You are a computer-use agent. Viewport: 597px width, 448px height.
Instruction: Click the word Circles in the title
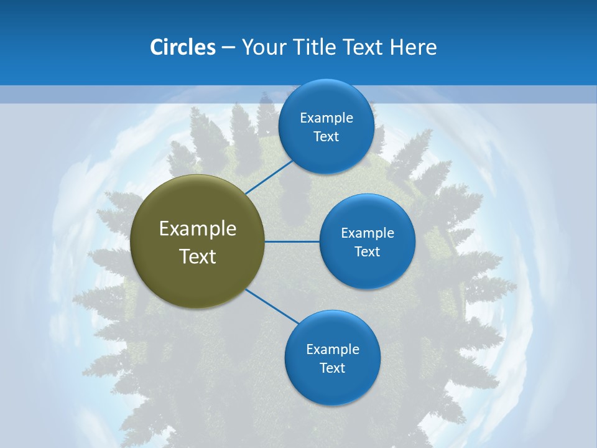coord(183,47)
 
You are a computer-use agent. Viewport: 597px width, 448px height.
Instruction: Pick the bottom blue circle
coord(332,389)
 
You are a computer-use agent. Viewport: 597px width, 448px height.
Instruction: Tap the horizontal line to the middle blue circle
coord(292,241)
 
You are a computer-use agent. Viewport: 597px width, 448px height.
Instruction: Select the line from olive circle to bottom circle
coord(272,307)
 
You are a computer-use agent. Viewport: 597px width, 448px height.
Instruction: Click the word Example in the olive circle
coord(198,229)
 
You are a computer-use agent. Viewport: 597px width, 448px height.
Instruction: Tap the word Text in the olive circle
coord(198,256)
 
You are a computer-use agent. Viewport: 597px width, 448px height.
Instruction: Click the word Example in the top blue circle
coord(326,118)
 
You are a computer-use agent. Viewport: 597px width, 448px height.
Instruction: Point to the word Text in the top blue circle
coord(326,137)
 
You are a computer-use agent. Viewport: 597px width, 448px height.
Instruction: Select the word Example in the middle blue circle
coord(368,233)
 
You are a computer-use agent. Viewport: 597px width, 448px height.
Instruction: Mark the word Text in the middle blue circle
coord(367,252)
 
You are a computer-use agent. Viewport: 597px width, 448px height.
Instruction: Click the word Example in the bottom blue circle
coord(333,349)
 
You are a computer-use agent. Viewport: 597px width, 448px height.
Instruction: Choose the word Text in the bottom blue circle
coord(332,368)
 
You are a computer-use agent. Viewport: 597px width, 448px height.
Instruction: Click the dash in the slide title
coord(228,48)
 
